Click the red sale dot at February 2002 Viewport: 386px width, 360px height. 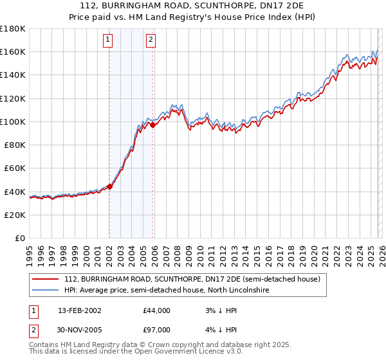point(109,186)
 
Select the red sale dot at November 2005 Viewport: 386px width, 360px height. point(152,125)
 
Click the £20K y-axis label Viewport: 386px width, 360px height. point(15,215)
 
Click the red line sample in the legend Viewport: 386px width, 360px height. point(46,280)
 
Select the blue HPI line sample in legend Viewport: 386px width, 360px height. point(46,291)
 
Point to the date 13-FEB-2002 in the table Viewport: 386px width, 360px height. point(79,310)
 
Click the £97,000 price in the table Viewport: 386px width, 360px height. point(156,330)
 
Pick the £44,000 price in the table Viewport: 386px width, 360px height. point(156,310)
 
